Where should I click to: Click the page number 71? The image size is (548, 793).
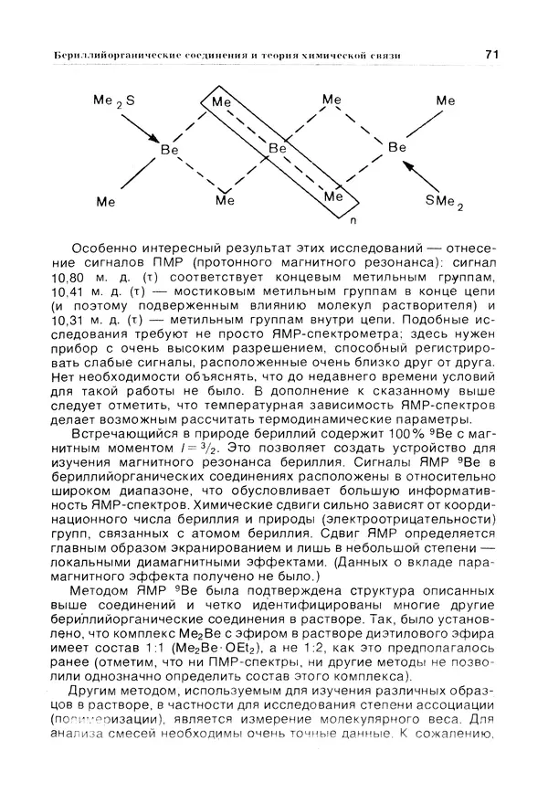tap(490, 57)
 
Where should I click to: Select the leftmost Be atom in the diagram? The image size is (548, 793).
tap(168, 148)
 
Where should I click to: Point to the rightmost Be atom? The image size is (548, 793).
tap(396, 146)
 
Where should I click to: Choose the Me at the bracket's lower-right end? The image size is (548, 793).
tap(335, 196)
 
